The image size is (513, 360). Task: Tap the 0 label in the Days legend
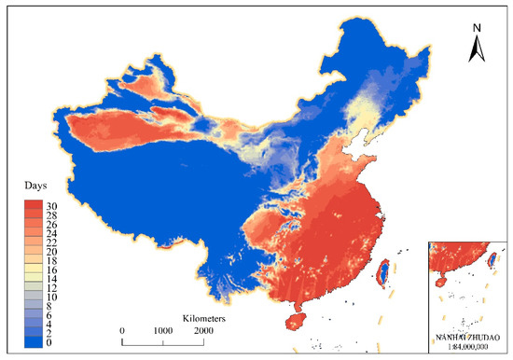click(48, 342)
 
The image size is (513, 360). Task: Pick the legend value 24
click(50, 230)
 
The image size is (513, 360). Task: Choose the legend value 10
click(50, 296)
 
